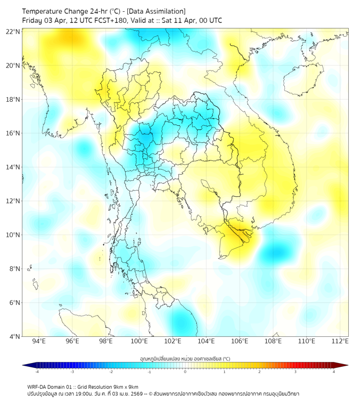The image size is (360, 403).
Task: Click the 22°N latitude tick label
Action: coord(13,31)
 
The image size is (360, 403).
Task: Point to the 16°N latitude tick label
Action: coord(13,133)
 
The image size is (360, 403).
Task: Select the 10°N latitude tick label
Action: coord(13,235)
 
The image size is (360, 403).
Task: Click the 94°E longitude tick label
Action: coord(39,341)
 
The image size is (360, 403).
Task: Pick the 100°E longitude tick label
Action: coord(139,341)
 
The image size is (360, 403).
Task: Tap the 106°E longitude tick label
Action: coord(240,341)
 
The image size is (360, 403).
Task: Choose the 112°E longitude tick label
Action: coord(340,341)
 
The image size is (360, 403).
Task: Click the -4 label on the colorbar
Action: coord(37,372)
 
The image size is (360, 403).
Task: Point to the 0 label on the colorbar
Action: coord(185,372)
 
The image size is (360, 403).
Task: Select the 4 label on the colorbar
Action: coord(334,372)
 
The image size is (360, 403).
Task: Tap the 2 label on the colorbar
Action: coord(260,372)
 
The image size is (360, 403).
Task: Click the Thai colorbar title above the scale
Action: coord(185,358)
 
